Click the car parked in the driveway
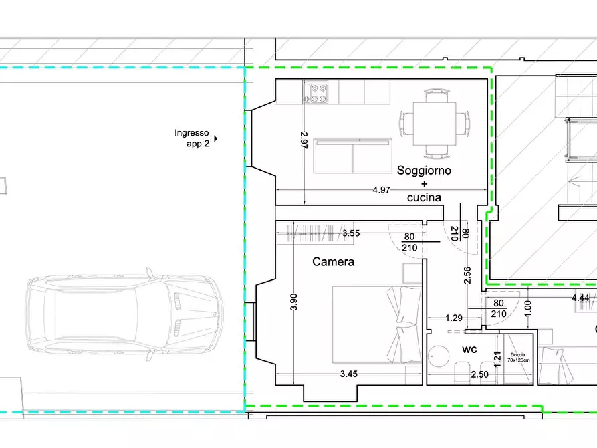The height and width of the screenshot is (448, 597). [125, 315]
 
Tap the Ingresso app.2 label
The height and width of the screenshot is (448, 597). [192, 138]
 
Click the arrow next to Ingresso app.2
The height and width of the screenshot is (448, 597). [215, 138]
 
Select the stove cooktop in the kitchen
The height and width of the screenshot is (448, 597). [316, 92]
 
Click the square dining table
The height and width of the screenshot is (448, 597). [435, 124]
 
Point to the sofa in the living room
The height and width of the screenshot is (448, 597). [352, 156]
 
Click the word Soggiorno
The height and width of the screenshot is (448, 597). [424, 171]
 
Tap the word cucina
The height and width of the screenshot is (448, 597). [424, 197]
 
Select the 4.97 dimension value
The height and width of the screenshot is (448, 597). [381, 190]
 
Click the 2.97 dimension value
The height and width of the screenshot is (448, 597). [304, 140]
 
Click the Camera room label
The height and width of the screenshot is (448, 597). [333, 261]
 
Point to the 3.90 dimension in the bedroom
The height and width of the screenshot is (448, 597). [293, 302]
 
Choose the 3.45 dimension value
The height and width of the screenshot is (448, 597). [349, 374]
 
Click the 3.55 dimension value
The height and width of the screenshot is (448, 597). [351, 233]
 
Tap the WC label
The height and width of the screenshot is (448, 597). [469, 350]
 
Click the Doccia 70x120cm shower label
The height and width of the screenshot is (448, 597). [518, 357]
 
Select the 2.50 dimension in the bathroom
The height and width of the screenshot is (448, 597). [479, 375]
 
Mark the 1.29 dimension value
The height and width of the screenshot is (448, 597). [454, 318]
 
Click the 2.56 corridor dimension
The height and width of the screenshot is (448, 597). [467, 275]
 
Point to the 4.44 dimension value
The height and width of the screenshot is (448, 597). [580, 298]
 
